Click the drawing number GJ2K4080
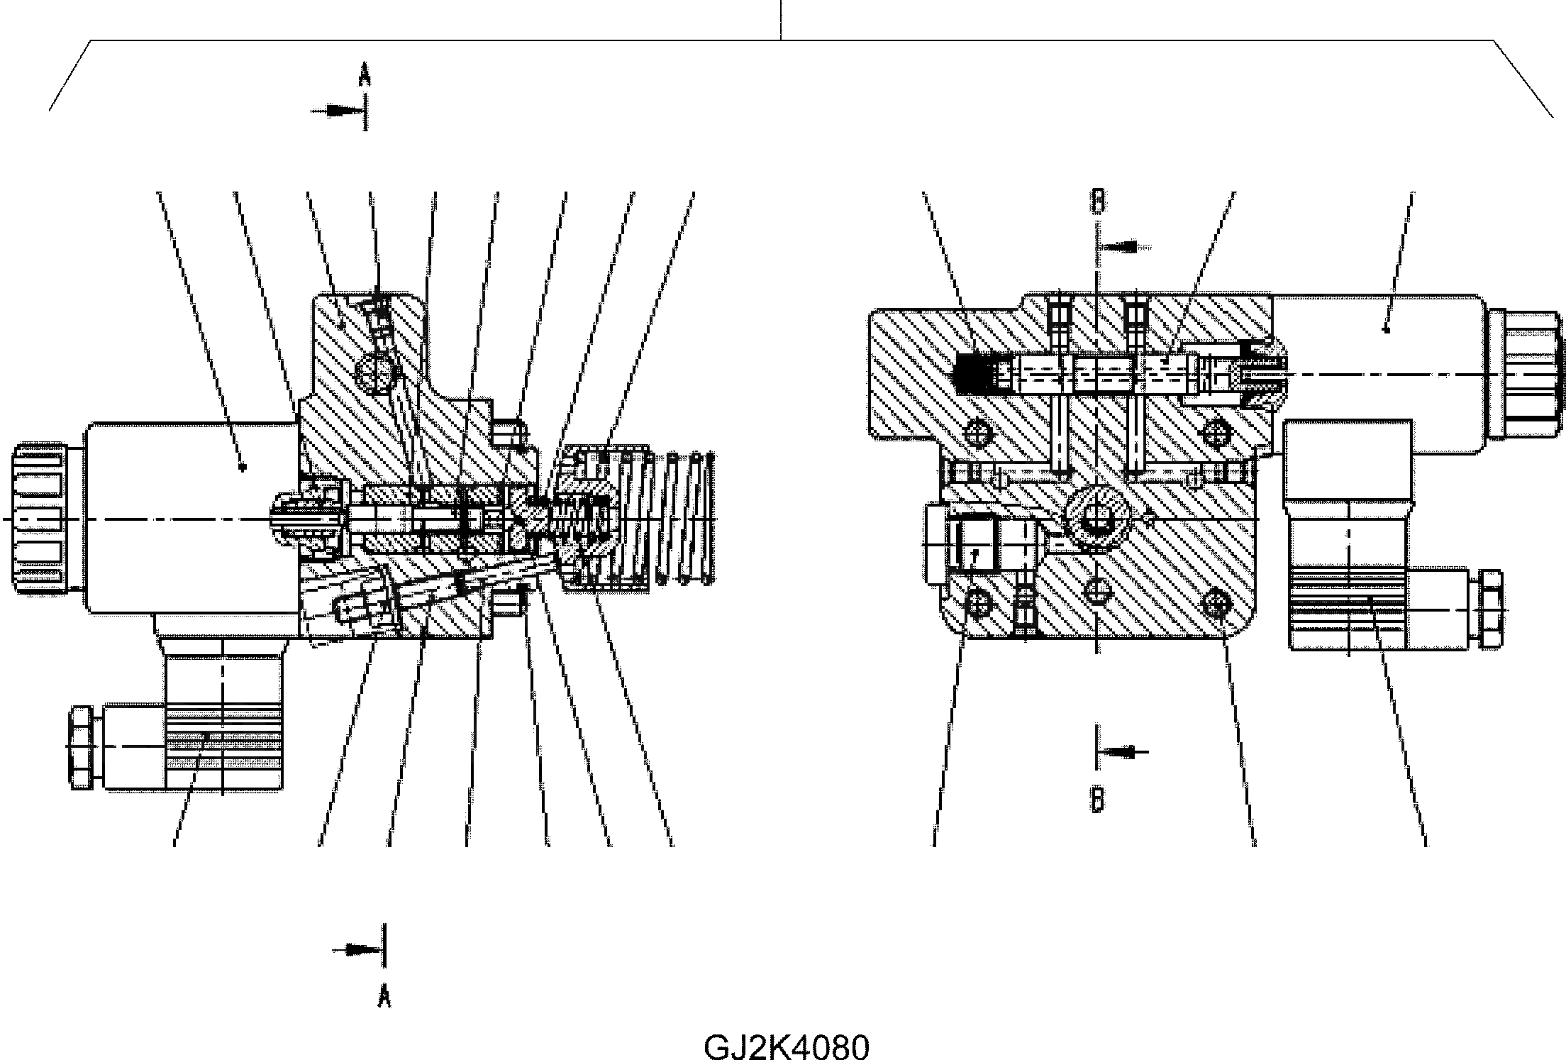[786, 1047]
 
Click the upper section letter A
[365, 73]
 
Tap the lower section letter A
[384, 997]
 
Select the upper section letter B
[1097, 201]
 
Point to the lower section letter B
[1097, 800]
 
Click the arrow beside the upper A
[338, 111]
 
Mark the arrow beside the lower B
[1123, 751]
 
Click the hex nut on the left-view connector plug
[80, 747]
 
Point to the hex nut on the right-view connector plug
[1491, 609]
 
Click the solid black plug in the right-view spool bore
[974, 374]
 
